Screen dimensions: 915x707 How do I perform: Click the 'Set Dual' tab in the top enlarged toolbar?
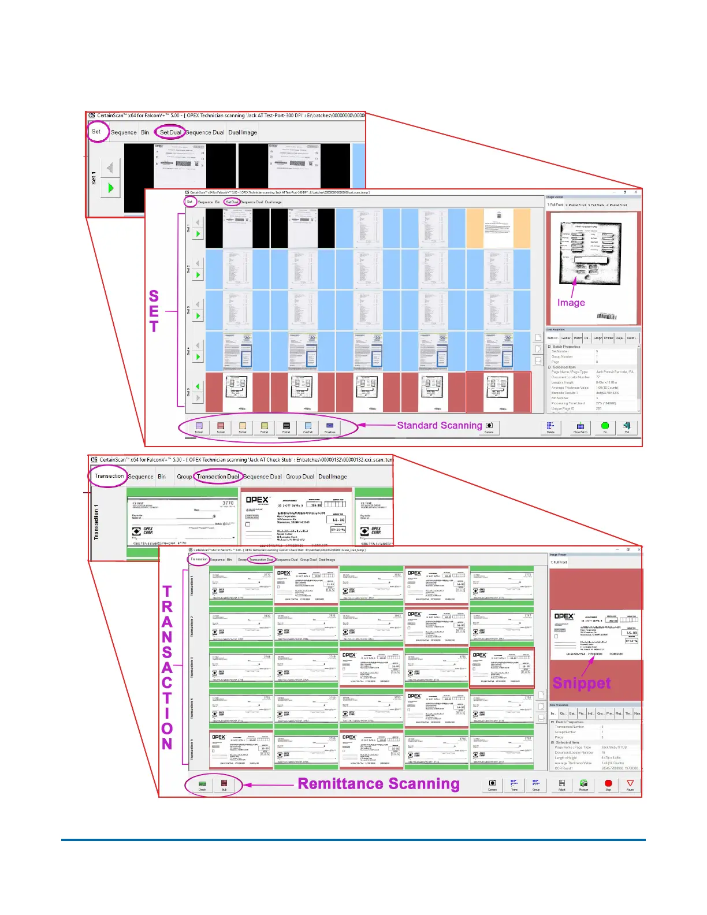pyautogui.click(x=170, y=132)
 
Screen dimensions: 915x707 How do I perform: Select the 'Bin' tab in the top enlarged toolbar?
pyautogui.click(x=145, y=132)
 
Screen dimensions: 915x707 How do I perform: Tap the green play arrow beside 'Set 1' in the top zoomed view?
pyautogui.click(x=110, y=188)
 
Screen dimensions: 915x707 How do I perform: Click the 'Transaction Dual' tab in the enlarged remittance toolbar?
pyautogui.click(x=218, y=477)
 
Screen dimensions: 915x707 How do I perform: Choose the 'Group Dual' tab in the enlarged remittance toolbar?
pyautogui.click(x=300, y=477)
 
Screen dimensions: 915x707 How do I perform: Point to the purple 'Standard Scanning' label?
pyautogui.click(x=439, y=425)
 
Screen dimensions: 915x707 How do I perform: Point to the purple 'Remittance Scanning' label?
pyautogui.click(x=378, y=784)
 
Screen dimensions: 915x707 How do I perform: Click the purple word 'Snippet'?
pyautogui.click(x=581, y=683)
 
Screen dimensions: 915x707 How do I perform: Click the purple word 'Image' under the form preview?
pyautogui.click(x=571, y=303)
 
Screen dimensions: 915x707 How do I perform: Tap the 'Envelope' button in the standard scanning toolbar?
pyautogui.click(x=330, y=427)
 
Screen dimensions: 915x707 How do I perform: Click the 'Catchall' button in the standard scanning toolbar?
pyautogui.click(x=308, y=427)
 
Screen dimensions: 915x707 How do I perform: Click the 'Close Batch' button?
pyautogui.click(x=580, y=427)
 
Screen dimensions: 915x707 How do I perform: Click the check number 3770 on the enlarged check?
pyautogui.click(x=228, y=503)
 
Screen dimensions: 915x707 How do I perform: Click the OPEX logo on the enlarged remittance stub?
pyautogui.click(x=257, y=500)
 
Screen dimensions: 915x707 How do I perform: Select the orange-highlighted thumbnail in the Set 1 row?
pyautogui.click(x=498, y=228)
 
